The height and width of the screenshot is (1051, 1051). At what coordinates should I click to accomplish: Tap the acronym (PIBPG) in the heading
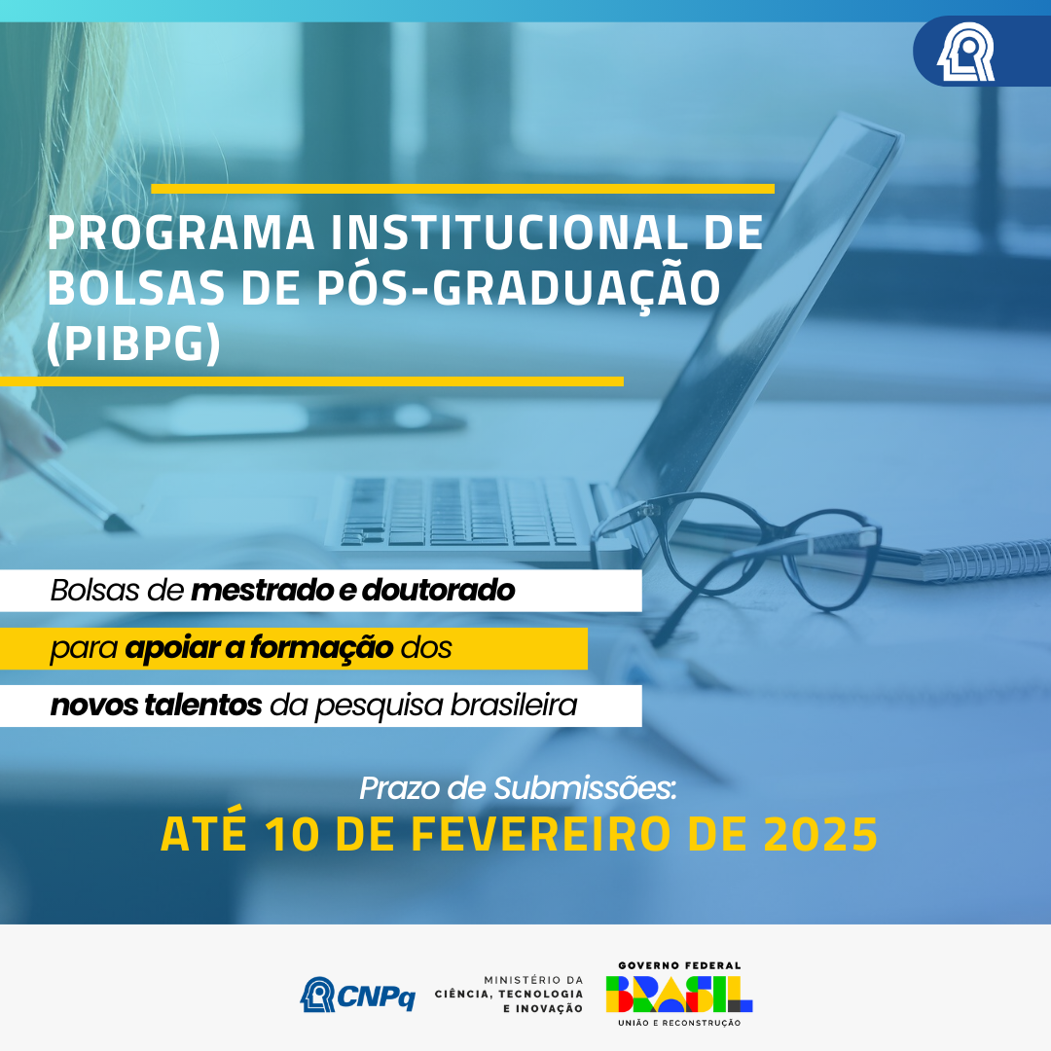133,344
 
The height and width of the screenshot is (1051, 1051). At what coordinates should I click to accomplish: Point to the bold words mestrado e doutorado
353,591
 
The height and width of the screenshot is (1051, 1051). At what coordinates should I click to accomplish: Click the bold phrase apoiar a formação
259,648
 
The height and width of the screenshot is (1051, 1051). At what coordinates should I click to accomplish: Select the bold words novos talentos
156,706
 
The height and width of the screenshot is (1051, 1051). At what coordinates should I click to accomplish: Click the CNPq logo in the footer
358,995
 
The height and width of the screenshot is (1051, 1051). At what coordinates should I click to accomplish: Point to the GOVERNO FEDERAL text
679,965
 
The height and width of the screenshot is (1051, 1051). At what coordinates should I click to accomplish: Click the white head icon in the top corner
965,53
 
